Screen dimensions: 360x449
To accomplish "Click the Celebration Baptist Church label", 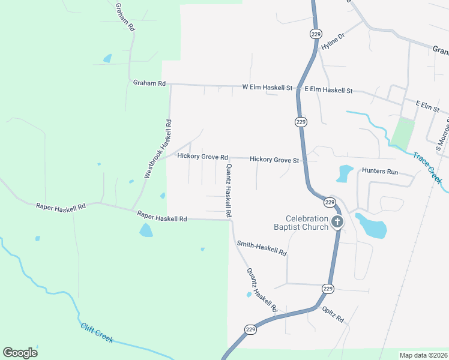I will point(307,223).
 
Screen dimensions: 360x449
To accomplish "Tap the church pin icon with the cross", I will point(337,222).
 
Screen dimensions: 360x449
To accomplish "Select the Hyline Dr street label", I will point(334,41).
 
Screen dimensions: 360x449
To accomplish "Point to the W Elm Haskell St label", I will point(267,88).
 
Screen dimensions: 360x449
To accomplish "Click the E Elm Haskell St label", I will point(328,90).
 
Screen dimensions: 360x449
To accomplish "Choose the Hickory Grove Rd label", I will point(203,156).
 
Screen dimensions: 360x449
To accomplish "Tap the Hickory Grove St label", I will point(274,160).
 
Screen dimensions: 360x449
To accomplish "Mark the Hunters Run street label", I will point(380,172).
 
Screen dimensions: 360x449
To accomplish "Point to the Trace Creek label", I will point(428,167).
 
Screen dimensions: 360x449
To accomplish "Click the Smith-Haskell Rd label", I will point(261,248).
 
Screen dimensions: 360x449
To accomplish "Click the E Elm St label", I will point(428,106).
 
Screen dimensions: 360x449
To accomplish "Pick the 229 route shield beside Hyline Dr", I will point(316,34).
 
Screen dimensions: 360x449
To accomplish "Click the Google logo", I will point(20,353).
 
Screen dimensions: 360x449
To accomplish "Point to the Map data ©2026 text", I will point(423,355).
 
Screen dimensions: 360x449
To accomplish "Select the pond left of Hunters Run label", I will point(345,173).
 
